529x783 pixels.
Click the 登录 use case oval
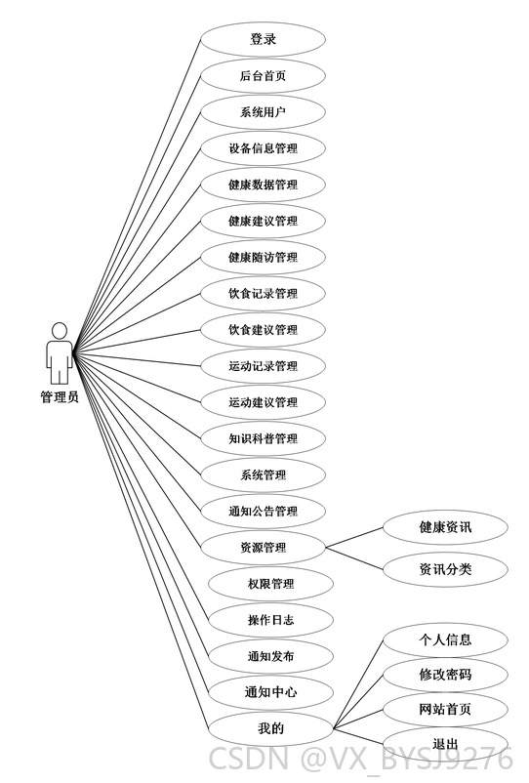click(x=263, y=39)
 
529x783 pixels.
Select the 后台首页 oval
click(x=263, y=75)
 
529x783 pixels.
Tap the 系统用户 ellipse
click(x=263, y=112)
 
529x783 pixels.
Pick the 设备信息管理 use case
click(x=263, y=148)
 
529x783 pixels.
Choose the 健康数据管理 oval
click(x=263, y=185)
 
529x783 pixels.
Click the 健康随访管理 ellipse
click(x=263, y=257)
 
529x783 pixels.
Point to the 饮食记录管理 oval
click(x=263, y=294)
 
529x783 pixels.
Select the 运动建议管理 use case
click(x=263, y=402)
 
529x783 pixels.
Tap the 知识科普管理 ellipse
click(x=263, y=438)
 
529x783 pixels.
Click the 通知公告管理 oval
click(x=263, y=512)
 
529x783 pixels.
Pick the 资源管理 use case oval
click(x=263, y=548)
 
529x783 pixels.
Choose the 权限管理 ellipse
click(x=270, y=584)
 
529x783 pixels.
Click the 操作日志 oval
click(x=270, y=620)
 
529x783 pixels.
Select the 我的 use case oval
click(x=270, y=728)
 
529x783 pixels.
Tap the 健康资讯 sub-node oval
click(x=445, y=527)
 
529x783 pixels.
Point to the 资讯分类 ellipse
click(x=445, y=569)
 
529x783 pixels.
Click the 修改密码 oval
click(x=445, y=676)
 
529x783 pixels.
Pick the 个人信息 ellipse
click(x=445, y=639)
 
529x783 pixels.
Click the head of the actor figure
click(x=60, y=331)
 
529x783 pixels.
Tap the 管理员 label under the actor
click(x=60, y=397)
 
